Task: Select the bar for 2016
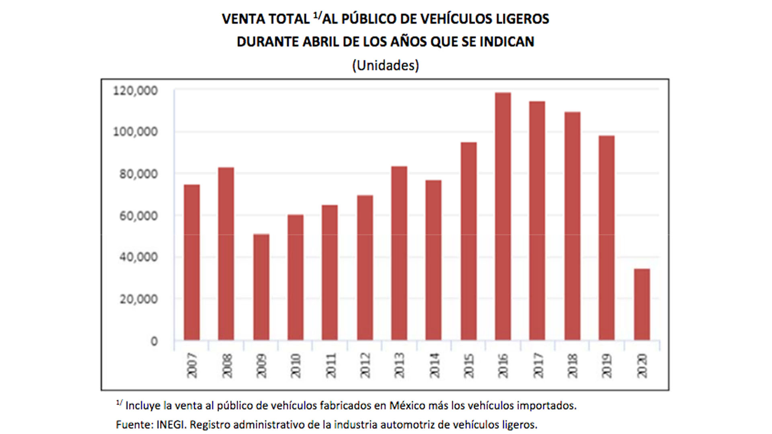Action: click(503, 217)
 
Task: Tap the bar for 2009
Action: click(261, 287)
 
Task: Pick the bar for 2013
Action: click(399, 253)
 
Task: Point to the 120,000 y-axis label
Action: click(135, 91)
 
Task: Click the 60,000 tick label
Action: click(138, 216)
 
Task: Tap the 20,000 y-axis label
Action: click(138, 299)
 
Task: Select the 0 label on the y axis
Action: click(154, 342)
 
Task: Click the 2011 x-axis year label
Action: click(331, 366)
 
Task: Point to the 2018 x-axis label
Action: click(572, 366)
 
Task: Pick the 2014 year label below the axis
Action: click(434, 366)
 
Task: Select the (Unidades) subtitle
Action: click(385, 66)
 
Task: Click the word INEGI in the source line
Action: click(170, 425)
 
